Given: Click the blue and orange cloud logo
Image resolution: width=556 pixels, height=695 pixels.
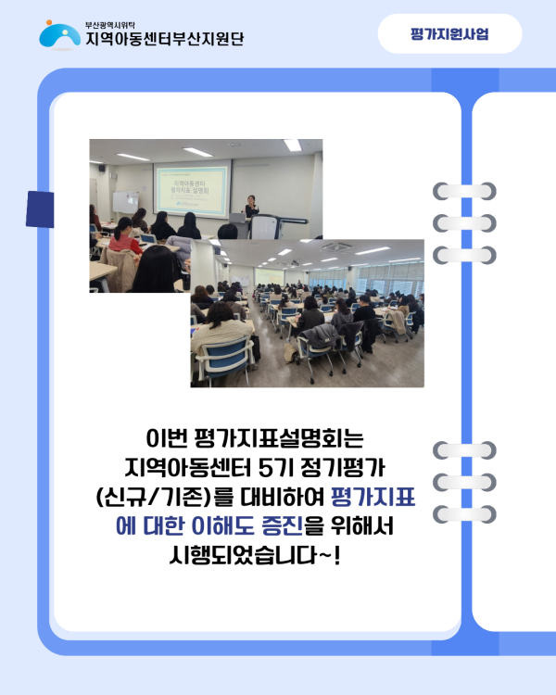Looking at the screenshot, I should click(59, 33).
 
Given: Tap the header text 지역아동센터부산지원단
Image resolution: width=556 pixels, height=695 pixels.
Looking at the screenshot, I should click(164, 39).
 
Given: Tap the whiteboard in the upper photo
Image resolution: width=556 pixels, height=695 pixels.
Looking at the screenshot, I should click(124, 202).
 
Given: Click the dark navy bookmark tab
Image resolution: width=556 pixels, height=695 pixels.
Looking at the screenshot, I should click(39, 209).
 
